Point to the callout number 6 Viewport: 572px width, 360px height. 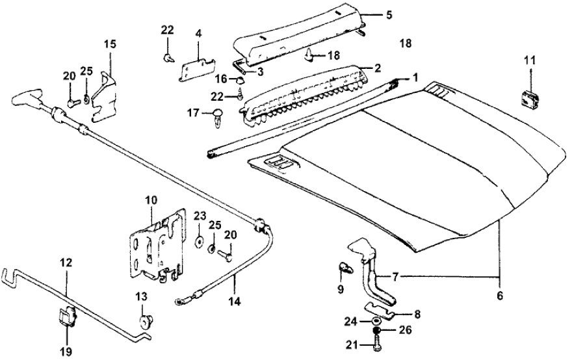[x=500, y=294]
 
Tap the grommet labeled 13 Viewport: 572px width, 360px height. [x=145, y=320]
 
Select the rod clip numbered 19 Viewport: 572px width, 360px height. [x=66, y=318]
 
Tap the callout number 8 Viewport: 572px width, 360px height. [x=416, y=315]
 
